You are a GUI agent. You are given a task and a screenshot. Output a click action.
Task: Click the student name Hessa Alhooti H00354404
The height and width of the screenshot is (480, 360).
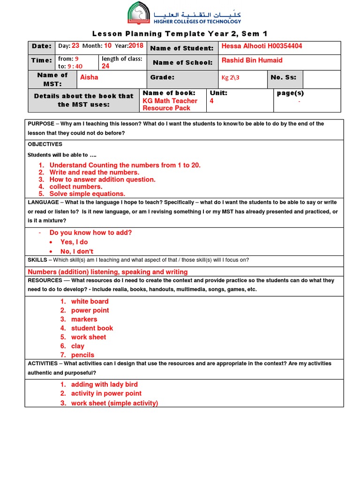(x=262, y=46)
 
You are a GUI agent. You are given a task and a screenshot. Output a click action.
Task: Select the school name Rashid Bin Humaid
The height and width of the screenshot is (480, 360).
(x=252, y=60)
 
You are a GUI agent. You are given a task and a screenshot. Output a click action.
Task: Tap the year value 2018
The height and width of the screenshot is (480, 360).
(x=135, y=46)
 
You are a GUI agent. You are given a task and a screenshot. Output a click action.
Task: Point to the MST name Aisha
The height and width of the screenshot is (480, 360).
(x=89, y=77)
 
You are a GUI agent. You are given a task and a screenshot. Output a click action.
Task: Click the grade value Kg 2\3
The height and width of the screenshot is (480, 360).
(x=230, y=78)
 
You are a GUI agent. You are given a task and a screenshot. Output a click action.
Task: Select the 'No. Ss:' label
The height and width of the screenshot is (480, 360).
(x=284, y=77)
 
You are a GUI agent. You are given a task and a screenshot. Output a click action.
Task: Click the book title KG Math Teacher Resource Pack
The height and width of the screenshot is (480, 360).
(x=170, y=104)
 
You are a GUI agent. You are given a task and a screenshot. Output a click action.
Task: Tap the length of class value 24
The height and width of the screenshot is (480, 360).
(x=105, y=66)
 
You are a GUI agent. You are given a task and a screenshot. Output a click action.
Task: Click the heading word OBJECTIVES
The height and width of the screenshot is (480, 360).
(x=45, y=144)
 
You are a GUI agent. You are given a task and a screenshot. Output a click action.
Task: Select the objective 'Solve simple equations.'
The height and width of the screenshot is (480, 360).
(x=87, y=194)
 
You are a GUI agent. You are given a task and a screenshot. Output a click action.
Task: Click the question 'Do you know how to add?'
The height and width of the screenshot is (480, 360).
(x=90, y=232)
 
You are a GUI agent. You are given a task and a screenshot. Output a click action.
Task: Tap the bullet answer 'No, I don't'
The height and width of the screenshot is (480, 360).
(x=77, y=251)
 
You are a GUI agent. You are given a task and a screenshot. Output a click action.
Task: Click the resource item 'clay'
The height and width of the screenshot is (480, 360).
(x=78, y=346)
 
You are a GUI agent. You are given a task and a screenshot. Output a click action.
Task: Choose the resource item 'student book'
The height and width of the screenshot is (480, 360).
(x=92, y=328)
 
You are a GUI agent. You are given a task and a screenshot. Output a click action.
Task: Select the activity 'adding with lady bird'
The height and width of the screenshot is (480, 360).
(x=104, y=384)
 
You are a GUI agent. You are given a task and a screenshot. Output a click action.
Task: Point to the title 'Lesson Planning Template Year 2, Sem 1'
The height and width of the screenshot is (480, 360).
(x=180, y=33)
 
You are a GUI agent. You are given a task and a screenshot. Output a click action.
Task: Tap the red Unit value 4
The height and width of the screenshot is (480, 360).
(x=212, y=101)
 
